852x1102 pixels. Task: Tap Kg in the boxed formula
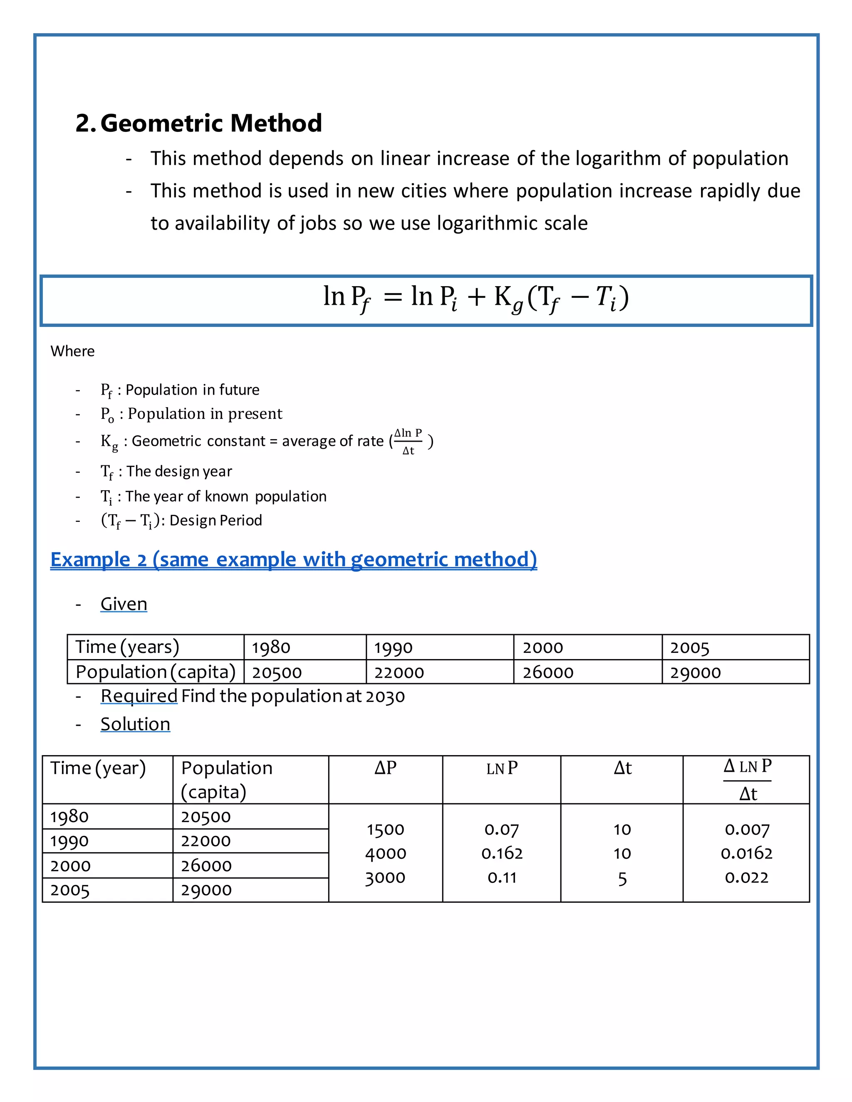pyautogui.click(x=508, y=298)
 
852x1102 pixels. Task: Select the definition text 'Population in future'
pyautogui.click(x=192, y=390)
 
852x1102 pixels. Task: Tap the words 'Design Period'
pyautogui.click(x=215, y=520)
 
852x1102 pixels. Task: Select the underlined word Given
pyautogui.click(x=124, y=603)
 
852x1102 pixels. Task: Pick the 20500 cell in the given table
pyautogui.click(x=277, y=672)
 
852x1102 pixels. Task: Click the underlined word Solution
pyautogui.click(x=135, y=724)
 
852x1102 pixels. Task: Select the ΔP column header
pyautogui.click(x=385, y=768)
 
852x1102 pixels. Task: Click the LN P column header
pyautogui.click(x=502, y=768)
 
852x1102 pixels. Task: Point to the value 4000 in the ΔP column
pyautogui.click(x=386, y=853)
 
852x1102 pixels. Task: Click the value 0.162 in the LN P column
pyautogui.click(x=502, y=853)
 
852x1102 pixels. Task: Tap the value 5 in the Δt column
pyautogui.click(x=622, y=878)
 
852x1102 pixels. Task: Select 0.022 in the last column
pyautogui.click(x=746, y=877)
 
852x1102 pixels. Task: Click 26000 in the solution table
pyautogui.click(x=206, y=866)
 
